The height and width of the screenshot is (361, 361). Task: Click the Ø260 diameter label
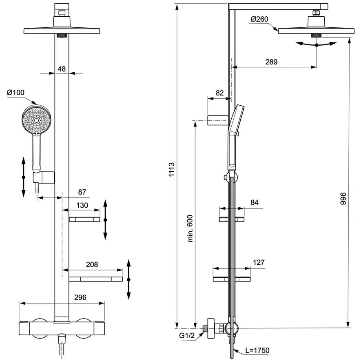click(259, 19)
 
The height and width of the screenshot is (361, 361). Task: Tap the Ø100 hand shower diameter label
click(16, 93)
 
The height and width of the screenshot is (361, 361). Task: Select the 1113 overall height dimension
click(172, 170)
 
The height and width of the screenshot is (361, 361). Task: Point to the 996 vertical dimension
click(343, 199)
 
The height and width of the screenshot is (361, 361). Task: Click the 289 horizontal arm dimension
click(271, 62)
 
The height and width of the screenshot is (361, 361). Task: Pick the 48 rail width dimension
click(62, 69)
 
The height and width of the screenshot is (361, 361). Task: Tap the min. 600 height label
click(190, 228)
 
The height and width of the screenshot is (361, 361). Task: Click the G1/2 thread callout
click(187, 335)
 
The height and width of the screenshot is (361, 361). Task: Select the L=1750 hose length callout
click(257, 351)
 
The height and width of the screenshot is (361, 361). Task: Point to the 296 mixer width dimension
click(80, 297)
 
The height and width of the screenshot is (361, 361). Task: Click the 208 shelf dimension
click(92, 265)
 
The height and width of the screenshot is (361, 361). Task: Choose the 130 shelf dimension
click(82, 205)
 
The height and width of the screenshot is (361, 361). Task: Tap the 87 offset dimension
click(82, 192)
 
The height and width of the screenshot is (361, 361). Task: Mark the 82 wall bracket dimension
click(219, 93)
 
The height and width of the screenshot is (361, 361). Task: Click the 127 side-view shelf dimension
click(259, 262)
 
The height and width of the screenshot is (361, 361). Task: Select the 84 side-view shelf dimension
click(255, 202)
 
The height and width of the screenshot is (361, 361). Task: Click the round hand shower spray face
click(37, 120)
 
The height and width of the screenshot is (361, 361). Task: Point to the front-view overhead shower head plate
click(62, 31)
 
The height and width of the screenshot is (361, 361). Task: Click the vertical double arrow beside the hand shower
click(23, 177)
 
